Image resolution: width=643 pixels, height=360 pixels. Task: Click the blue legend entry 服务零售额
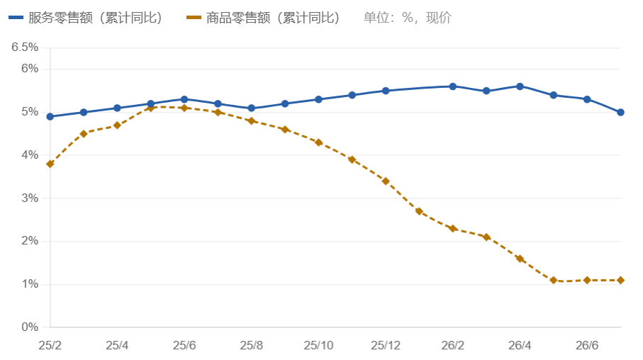(x=85, y=18)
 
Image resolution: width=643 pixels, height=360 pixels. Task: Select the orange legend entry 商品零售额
(x=263, y=18)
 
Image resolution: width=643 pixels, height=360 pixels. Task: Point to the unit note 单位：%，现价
(x=407, y=18)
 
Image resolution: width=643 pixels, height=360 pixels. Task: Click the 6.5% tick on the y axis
(x=25, y=47)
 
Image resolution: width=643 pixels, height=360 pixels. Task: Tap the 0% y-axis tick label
(x=30, y=327)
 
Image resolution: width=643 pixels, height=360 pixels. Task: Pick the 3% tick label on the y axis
(x=30, y=198)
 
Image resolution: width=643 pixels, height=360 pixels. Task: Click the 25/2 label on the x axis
(x=50, y=345)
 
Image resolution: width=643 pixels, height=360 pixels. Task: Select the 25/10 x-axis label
(x=318, y=345)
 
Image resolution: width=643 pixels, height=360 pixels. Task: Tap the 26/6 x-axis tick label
(x=587, y=345)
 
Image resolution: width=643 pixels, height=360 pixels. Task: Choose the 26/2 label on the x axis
(x=453, y=345)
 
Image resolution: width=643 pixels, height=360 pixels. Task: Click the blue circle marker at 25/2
(x=50, y=117)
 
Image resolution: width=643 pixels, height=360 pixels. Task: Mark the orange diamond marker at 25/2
(x=50, y=164)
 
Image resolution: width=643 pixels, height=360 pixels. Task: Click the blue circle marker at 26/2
(x=453, y=86)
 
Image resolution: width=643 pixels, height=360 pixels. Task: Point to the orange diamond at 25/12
(x=386, y=181)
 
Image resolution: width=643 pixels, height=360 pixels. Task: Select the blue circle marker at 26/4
(x=520, y=86)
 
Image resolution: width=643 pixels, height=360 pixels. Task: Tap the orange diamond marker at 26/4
(x=520, y=259)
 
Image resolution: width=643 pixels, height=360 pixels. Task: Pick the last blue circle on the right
(x=620, y=113)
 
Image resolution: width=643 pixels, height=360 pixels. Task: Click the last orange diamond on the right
(x=620, y=280)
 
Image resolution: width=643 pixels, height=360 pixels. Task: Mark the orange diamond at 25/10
(x=318, y=142)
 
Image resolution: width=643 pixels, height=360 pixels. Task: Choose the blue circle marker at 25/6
(x=184, y=100)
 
